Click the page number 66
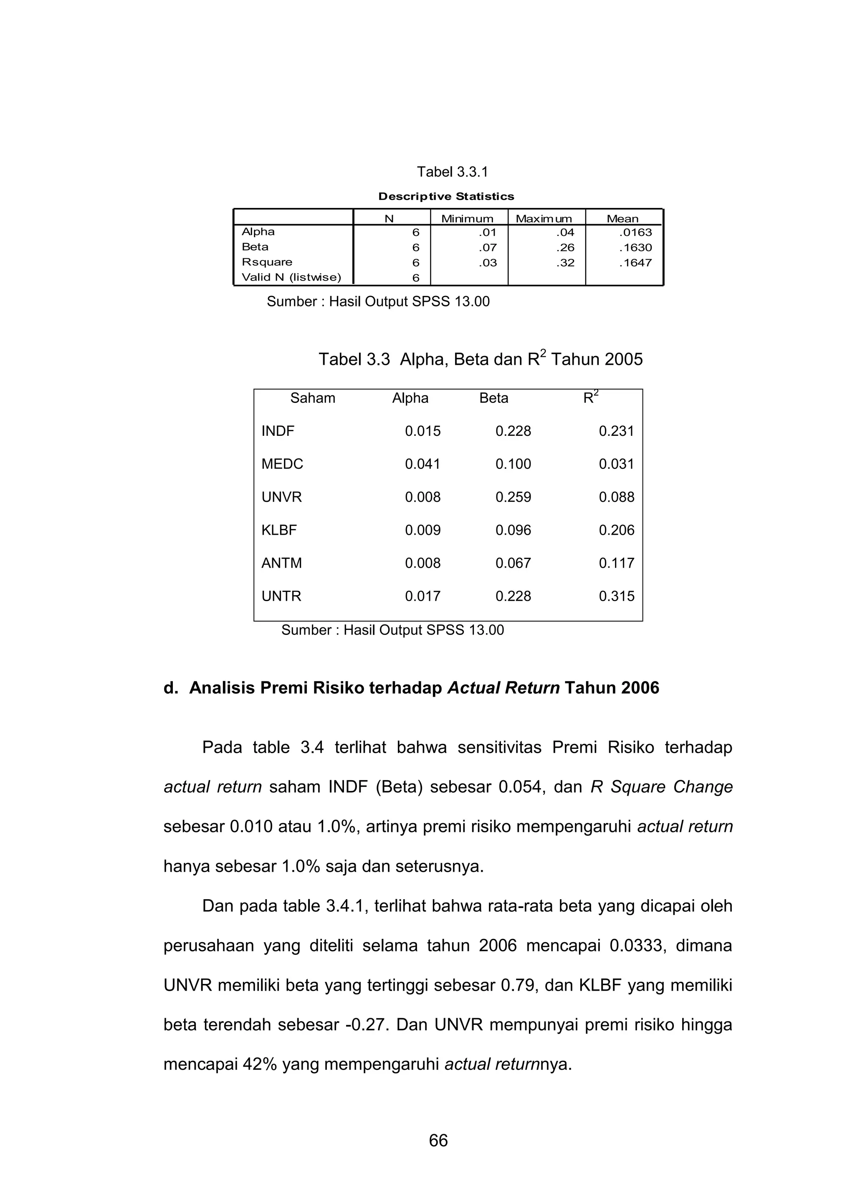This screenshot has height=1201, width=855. click(438, 1140)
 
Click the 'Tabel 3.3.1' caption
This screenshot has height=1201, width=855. click(452, 172)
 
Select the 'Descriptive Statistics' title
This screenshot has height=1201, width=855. click(446, 196)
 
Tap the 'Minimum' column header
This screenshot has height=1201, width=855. click(467, 218)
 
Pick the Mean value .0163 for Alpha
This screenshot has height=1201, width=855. click(635, 232)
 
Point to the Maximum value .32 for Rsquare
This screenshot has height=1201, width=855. click(565, 263)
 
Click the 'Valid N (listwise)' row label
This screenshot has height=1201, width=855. click(291, 277)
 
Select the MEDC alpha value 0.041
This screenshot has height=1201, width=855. click(422, 464)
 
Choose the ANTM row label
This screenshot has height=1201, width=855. click(282, 563)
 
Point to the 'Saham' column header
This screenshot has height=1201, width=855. click(313, 398)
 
